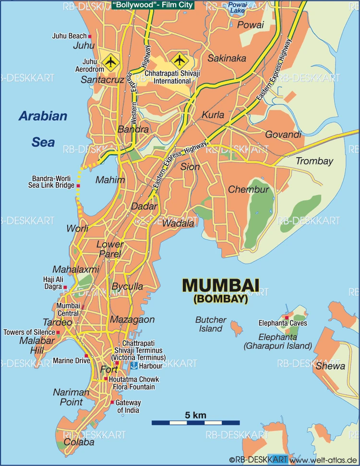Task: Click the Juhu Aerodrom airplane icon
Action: tap(110, 61)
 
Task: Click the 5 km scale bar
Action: tap(195, 423)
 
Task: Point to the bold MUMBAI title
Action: tap(220, 286)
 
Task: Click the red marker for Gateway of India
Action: tap(112, 402)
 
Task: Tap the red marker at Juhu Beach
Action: tap(90, 36)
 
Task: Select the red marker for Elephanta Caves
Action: tap(287, 318)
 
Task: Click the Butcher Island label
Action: tap(211, 324)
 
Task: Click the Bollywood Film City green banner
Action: tap(153, 6)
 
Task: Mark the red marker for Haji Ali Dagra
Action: tap(65, 287)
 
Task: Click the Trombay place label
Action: tap(314, 161)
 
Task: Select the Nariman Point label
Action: tap(71, 397)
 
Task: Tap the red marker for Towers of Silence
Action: tap(58, 332)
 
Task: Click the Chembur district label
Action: tap(248, 190)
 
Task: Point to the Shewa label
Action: tap(330, 366)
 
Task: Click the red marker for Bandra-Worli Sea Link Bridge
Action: tap(78, 185)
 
